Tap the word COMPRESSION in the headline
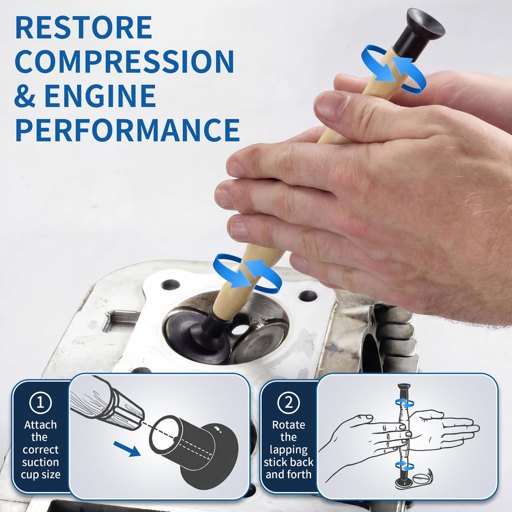click(x=124, y=61)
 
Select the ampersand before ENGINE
click(x=25, y=96)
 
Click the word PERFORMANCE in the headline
click(x=127, y=130)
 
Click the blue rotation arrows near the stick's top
click(x=393, y=69)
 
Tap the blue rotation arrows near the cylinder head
click(x=247, y=273)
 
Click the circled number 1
click(x=40, y=402)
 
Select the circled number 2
click(x=289, y=402)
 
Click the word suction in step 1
click(x=40, y=462)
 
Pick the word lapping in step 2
click(x=289, y=450)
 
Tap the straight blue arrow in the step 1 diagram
click(x=127, y=449)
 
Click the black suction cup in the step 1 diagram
click(x=194, y=452)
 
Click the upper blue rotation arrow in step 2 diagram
click(x=404, y=402)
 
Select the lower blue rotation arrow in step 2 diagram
click(x=404, y=465)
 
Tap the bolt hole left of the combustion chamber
click(x=170, y=284)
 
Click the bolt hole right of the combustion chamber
click(x=308, y=296)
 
